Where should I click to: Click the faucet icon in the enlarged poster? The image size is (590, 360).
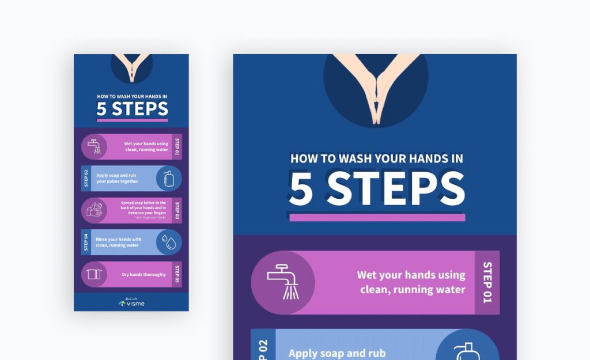(x=283, y=282)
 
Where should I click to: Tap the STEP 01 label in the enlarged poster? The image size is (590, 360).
(x=487, y=282)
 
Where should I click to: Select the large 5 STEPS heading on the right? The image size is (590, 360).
(x=377, y=189)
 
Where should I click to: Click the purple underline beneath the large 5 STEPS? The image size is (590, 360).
(x=377, y=218)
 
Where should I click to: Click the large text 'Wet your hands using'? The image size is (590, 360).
(x=411, y=275)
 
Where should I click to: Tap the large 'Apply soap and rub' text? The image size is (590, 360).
(x=337, y=353)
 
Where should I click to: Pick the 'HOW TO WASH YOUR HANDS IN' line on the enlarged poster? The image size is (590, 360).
(x=377, y=158)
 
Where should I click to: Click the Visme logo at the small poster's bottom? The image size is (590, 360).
(x=131, y=302)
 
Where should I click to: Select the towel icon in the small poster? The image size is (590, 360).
(x=94, y=275)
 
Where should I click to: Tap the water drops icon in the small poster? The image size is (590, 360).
(x=169, y=242)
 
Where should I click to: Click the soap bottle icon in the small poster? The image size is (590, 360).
(x=169, y=179)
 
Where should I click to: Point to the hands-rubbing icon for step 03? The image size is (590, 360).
(x=94, y=210)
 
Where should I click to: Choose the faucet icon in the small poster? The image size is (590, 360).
(x=94, y=146)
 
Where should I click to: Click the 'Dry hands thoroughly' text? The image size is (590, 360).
(x=143, y=275)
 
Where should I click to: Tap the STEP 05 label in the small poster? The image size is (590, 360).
(x=177, y=275)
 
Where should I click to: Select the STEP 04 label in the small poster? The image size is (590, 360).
(x=86, y=242)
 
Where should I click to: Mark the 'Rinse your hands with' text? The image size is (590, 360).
(x=118, y=239)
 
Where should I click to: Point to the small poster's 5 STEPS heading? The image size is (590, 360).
(x=132, y=109)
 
